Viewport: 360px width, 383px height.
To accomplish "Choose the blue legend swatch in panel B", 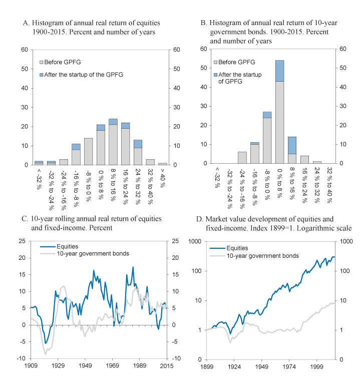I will pyautogui.click(x=216, y=74).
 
